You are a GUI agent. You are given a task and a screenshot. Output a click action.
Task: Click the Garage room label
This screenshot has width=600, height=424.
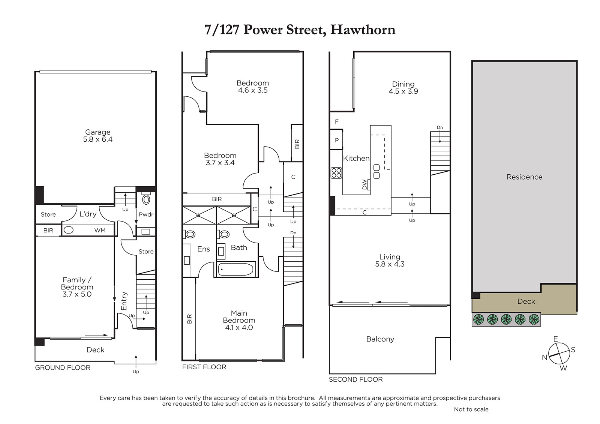point(98,132)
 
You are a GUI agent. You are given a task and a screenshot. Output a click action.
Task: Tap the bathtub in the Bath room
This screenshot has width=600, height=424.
point(235,269)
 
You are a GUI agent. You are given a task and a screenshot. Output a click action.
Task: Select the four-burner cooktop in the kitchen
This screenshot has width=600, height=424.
point(336,173)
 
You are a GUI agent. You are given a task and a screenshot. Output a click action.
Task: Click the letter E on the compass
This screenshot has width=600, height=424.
point(555,339)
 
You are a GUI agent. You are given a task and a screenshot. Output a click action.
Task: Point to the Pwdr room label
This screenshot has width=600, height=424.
point(146,214)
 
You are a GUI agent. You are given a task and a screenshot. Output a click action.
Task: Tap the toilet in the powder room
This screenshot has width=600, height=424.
point(146,199)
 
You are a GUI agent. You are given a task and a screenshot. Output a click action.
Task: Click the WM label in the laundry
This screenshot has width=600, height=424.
point(100,230)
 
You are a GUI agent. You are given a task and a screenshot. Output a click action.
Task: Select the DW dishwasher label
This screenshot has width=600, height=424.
point(364,184)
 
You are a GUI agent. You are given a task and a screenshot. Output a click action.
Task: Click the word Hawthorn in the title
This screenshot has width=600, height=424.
point(363,30)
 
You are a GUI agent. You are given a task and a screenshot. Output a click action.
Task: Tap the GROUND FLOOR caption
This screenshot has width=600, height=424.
point(63,367)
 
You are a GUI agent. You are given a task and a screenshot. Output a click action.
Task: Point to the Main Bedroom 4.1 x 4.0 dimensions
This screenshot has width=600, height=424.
point(239,327)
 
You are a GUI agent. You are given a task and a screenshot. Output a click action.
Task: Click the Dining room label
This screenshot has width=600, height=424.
point(403,84)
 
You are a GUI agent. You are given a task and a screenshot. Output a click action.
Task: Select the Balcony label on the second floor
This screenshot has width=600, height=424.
point(380,339)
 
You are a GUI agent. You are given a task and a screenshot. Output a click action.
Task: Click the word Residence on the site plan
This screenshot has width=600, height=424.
point(524,177)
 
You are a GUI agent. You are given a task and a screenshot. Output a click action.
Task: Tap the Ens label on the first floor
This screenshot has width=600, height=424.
point(203,249)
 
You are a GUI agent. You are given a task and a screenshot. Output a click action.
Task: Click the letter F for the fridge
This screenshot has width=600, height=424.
point(337,121)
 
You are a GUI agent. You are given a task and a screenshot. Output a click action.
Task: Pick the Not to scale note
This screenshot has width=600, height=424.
point(471,409)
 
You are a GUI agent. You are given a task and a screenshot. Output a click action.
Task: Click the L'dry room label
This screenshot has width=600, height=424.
point(88,214)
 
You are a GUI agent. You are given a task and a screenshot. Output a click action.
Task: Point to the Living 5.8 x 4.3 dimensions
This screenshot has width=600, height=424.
point(390,264)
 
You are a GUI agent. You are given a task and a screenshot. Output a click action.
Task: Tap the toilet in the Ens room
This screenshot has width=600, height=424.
point(190,234)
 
